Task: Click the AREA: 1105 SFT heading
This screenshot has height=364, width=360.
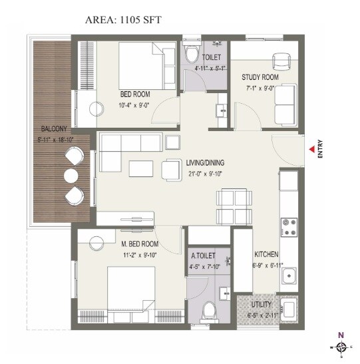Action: (123, 20)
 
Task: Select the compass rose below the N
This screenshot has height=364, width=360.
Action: (341, 347)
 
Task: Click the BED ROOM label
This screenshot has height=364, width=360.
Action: (135, 94)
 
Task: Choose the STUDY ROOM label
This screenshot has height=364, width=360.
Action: (260, 77)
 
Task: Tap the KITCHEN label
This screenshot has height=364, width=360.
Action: (266, 255)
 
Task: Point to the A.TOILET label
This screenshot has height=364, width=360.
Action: (202, 256)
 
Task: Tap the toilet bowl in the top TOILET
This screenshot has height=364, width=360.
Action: (192, 53)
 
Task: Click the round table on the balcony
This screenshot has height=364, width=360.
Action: (72, 176)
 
